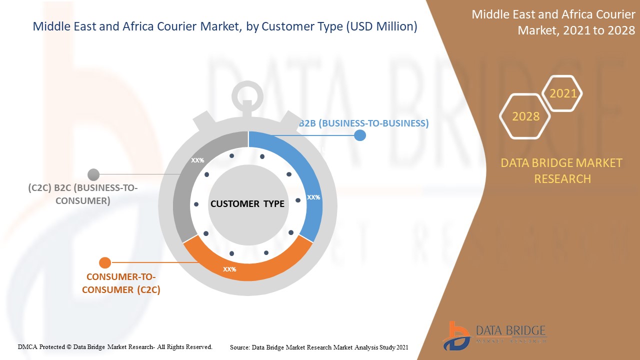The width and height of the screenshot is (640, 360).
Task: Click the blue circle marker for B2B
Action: click(x=359, y=135)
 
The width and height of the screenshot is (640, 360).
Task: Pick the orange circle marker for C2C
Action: click(x=105, y=262)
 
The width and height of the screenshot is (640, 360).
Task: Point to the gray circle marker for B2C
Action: click(x=93, y=174)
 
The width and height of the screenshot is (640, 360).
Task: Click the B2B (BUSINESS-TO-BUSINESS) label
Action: click(x=364, y=123)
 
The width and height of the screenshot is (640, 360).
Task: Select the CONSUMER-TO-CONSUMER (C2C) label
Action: click(x=121, y=283)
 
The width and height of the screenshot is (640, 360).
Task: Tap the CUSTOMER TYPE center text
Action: click(x=247, y=203)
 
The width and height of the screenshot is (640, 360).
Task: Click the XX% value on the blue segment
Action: click(x=313, y=197)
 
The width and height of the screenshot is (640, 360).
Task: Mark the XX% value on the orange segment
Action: click(x=229, y=269)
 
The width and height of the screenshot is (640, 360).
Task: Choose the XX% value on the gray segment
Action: click(x=197, y=160)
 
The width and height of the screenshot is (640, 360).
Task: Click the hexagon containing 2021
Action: click(x=562, y=93)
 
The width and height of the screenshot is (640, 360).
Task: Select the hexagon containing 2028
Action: click(x=525, y=116)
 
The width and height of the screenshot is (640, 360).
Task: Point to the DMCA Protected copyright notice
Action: click(x=115, y=346)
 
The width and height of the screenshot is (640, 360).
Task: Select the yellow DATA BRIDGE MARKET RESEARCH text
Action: click(x=562, y=170)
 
